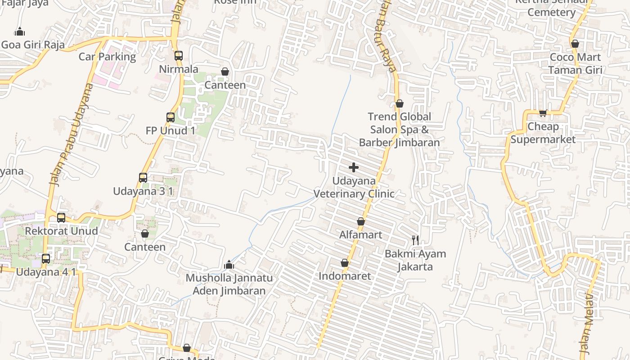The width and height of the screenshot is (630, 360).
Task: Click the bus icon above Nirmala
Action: pos(179,56)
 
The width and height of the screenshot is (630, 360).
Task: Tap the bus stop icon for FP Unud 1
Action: pos(171,117)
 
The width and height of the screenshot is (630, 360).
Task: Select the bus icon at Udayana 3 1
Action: pos(143,178)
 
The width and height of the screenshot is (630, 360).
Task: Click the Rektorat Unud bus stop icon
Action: pos(61,218)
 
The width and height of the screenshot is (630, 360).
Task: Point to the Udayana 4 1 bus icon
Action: pos(46,259)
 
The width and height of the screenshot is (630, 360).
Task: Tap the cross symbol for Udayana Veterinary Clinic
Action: pos(354,167)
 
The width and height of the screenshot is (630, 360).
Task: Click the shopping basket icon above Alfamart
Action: pos(361,221)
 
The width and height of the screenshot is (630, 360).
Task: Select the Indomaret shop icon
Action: pos(345,263)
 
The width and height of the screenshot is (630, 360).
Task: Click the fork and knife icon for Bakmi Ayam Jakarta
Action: pos(415,240)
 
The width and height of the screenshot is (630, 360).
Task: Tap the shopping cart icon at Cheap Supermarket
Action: pos(543,113)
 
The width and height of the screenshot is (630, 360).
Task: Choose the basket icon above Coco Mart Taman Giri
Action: pos(575,44)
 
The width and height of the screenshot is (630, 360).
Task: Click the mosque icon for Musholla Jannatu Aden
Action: pos(229,265)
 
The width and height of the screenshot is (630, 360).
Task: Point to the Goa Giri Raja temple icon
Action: pos(19,31)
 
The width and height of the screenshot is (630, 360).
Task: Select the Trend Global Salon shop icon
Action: pos(399,104)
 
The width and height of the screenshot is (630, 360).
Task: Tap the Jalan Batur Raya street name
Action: pos(387,43)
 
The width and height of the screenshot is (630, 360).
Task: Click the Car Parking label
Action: pos(107,57)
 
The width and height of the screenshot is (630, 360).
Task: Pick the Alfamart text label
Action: pos(360,235)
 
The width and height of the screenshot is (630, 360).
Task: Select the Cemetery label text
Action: pos(551,12)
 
